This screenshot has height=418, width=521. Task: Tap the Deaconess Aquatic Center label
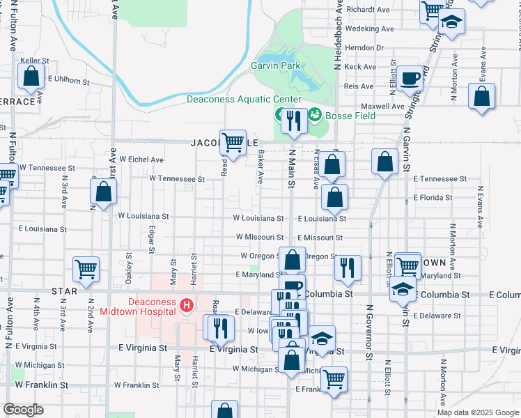coord(235,100)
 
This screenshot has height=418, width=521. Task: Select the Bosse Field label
coord(352,116)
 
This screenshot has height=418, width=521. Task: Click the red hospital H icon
coord(186,305)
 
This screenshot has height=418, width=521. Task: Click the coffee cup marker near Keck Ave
coord(410,77)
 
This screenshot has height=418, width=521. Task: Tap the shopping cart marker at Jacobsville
coord(233,142)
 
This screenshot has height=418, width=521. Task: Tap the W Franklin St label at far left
coord(41,385)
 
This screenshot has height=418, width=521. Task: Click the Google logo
coord(23,410)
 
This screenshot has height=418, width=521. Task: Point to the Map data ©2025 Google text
coord(477,412)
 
